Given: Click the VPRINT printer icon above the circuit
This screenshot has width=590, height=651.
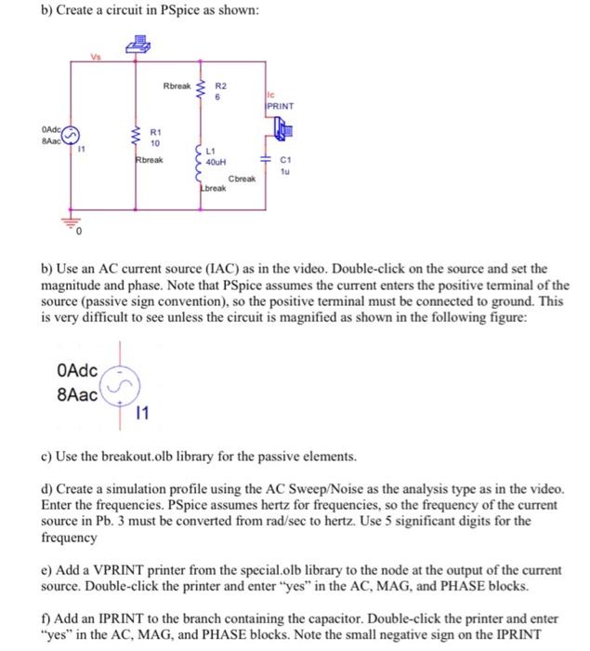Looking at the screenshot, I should tap(139, 43).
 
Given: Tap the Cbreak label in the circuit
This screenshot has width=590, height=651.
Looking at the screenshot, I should tap(241, 178).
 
